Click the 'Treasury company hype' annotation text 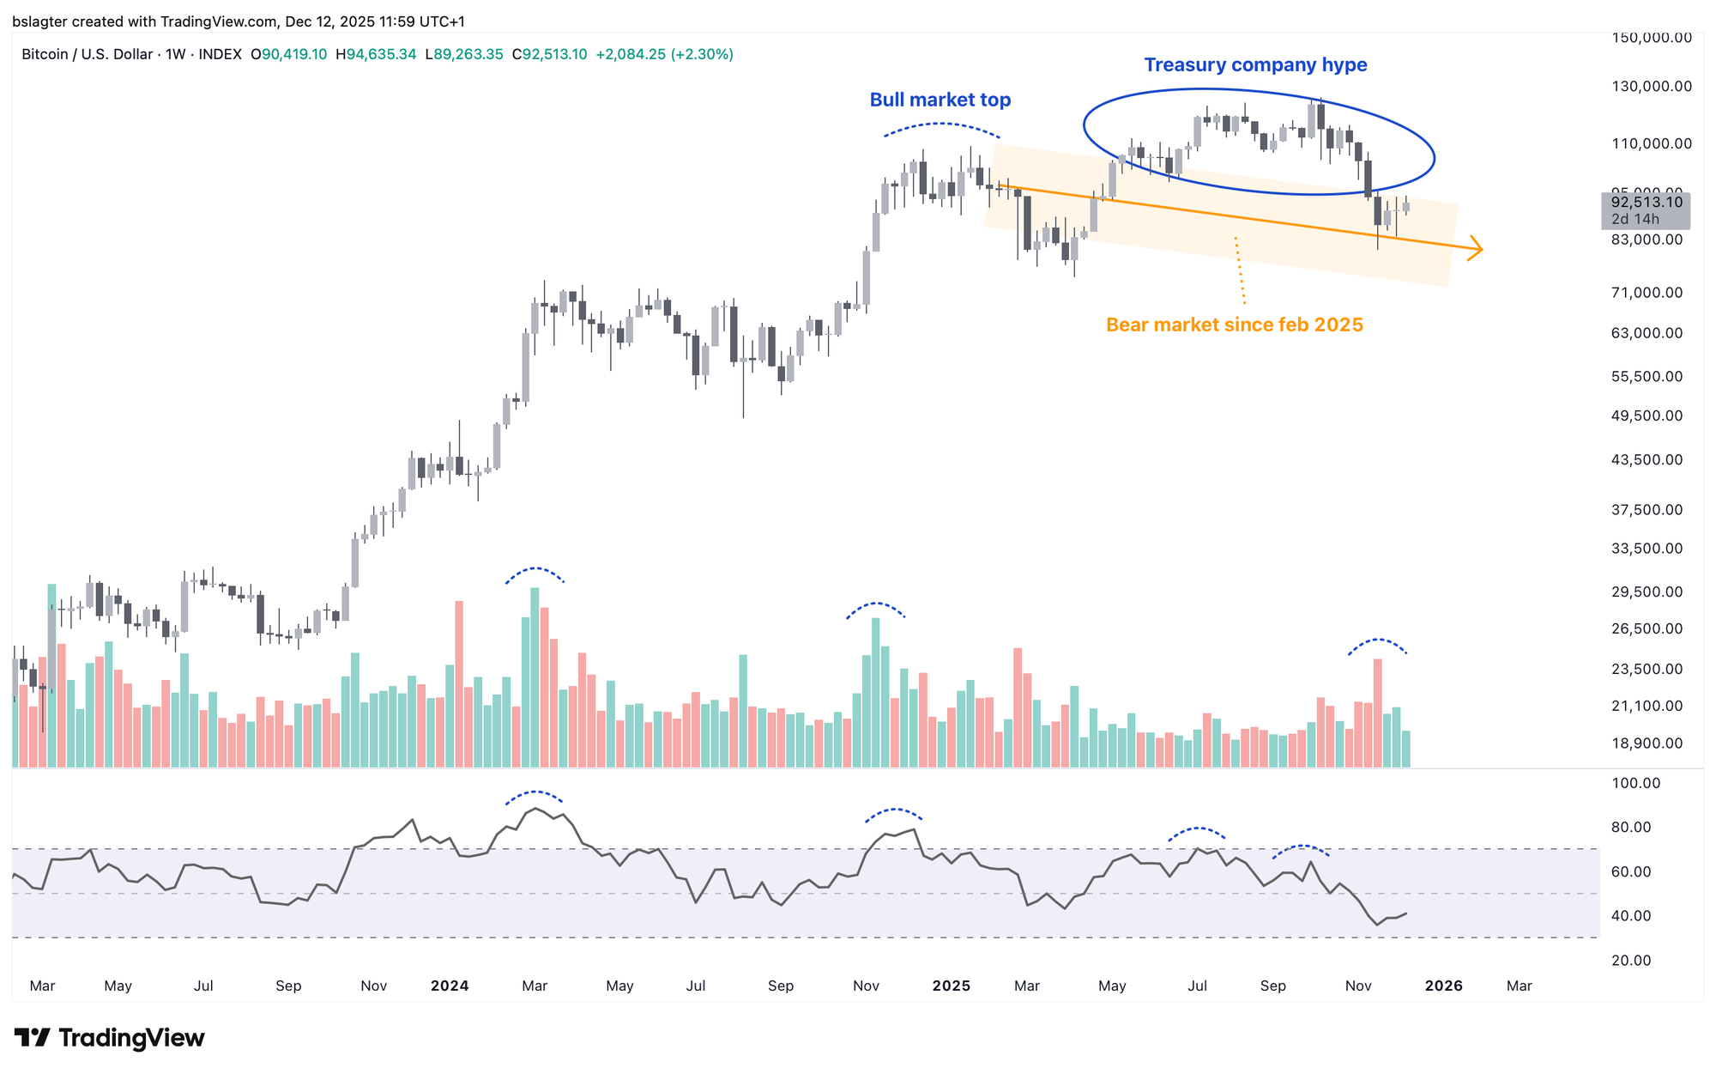tap(1255, 65)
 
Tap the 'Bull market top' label tap(940, 100)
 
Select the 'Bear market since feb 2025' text tap(1234, 325)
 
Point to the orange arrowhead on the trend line tap(1477, 249)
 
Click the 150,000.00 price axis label tap(1652, 38)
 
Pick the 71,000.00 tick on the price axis tap(1647, 293)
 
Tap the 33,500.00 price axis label tap(1647, 549)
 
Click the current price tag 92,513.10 tap(1646, 203)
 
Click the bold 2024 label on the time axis tap(450, 986)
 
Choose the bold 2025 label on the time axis tap(951, 986)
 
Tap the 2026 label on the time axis tap(1443, 986)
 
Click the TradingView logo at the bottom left tap(110, 1038)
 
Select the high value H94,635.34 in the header tap(376, 55)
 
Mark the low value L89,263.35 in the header tap(464, 55)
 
